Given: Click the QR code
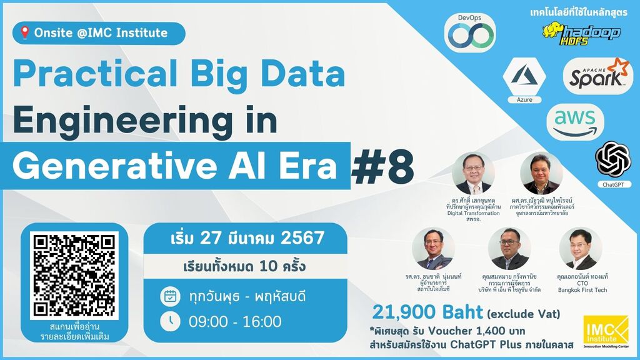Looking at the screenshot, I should pyautogui.click(x=74, y=275).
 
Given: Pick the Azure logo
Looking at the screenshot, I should pyautogui.click(x=524, y=77).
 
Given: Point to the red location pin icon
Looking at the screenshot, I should pyautogui.click(x=25, y=32).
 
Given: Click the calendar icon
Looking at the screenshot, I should pyautogui.click(x=170, y=296).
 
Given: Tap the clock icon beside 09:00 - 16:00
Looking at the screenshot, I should pyautogui.click(x=170, y=321).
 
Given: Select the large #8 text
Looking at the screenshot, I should pyautogui.click(x=382, y=167).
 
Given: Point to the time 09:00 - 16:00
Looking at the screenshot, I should pyautogui.click(x=235, y=321).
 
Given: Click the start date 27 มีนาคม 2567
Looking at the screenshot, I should pyautogui.click(x=247, y=238).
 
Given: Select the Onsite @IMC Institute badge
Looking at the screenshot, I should pyautogui.click(x=100, y=32).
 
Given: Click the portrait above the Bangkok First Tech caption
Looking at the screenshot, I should pyautogui.click(x=580, y=248).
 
